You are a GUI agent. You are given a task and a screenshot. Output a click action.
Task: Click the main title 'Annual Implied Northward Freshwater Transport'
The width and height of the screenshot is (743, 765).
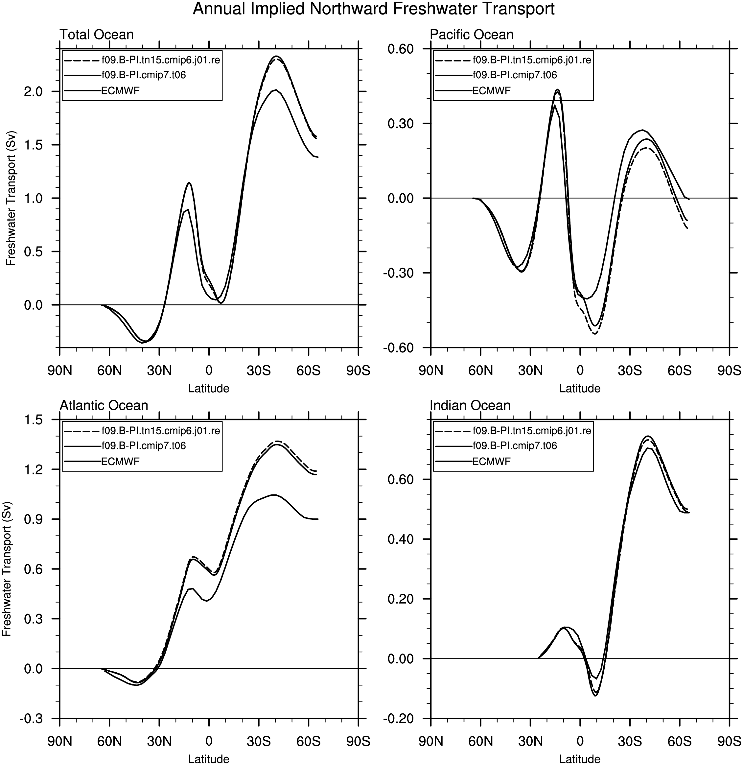[373, 9]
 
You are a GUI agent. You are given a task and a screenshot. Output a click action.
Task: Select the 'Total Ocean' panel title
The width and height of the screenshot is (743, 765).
[96, 35]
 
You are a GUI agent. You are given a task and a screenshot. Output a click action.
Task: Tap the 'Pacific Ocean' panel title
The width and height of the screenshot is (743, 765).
[471, 35]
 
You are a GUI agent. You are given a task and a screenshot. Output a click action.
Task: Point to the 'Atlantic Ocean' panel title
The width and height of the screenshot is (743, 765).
[104, 406]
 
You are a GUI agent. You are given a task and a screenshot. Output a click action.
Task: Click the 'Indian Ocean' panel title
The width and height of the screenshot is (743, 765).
[470, 406]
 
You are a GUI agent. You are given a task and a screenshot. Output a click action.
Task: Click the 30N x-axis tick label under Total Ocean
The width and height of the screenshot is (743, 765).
[159, 370]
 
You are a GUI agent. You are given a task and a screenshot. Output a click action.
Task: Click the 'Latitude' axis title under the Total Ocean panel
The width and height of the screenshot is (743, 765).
[209, 388]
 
